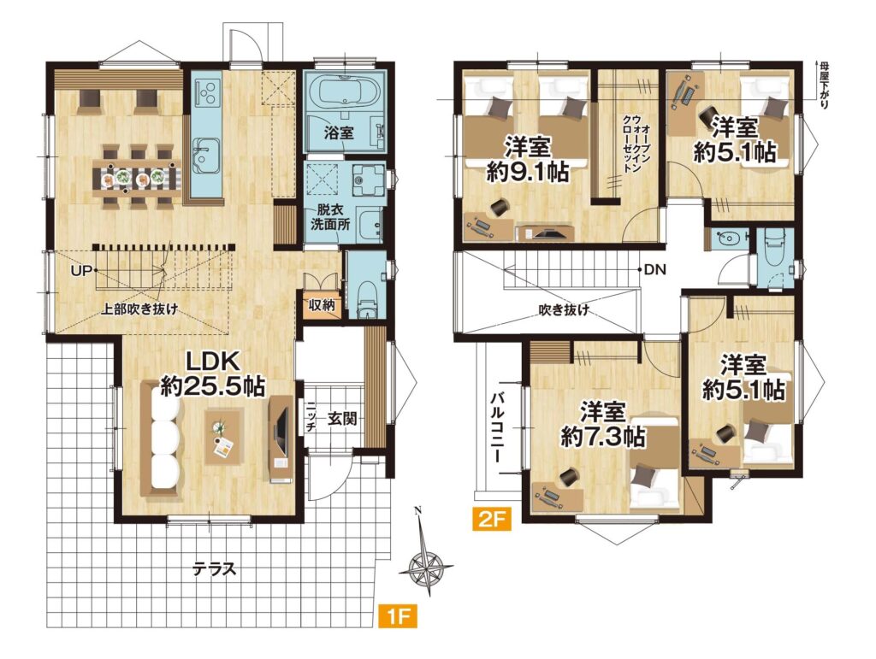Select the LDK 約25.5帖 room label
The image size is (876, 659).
(211, 374)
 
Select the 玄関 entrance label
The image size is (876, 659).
(341, 420)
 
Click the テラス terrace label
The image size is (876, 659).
(212, 568)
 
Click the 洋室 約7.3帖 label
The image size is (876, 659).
(603, 423)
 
